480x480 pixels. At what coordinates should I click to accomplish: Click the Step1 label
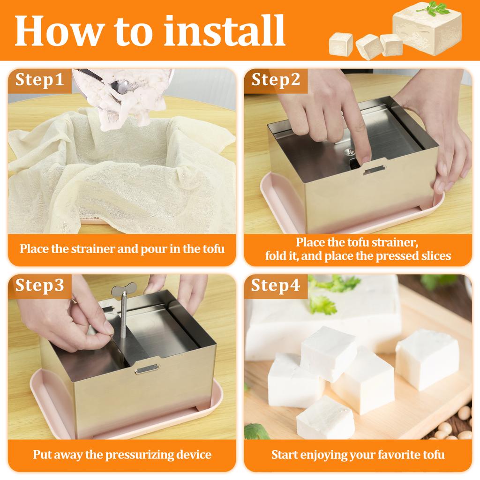click(39, 80)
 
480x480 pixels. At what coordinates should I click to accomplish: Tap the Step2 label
click(276, 80)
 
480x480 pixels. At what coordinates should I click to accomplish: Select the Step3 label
click(39, 285)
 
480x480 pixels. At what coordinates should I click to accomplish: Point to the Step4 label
click(276, 285)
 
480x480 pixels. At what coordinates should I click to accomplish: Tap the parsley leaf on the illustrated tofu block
click(439, 8)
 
